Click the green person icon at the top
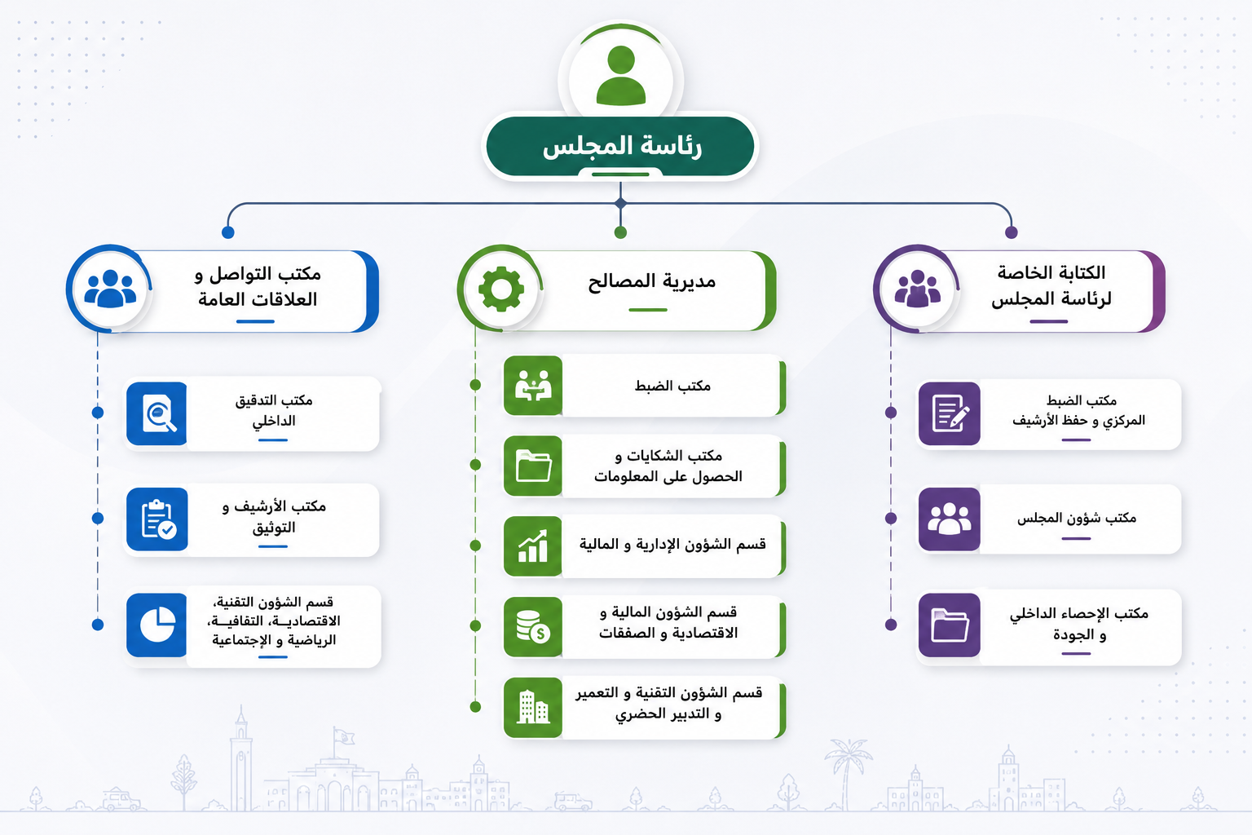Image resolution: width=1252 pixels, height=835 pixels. click(x=621, y=76)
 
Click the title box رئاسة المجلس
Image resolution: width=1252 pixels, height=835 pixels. click(x=620, y=147)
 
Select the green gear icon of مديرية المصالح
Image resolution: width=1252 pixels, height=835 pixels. click(x=501, y=289)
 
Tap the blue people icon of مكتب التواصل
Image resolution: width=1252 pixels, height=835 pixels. click(x=110, y=289)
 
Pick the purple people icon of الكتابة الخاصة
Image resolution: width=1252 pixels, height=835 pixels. click(x=917, y=289)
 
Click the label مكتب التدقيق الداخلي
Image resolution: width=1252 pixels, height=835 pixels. click(x=273, y=410)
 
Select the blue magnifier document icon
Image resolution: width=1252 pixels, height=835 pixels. click(x=157, y=414)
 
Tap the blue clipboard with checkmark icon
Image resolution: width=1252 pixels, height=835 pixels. click(x=157, y=519)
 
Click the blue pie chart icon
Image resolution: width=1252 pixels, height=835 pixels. click(x=157, y=625)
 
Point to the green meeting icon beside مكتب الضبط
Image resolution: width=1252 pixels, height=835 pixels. click(x=533, y=386)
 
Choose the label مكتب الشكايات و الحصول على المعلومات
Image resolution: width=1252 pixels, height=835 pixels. click(x=668, y=466)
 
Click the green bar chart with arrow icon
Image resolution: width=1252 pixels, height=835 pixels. click(x=533, y=546)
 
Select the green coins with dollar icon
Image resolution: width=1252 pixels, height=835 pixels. click(x=533, y=626)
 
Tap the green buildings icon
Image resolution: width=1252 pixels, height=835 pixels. click(x=533, y=708)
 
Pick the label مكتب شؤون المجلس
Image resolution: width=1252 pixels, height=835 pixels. click(x=1077, y=518)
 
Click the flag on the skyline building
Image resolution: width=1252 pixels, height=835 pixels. click(x=344, y=736)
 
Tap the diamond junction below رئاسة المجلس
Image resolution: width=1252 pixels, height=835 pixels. click(x=620, y=203)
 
